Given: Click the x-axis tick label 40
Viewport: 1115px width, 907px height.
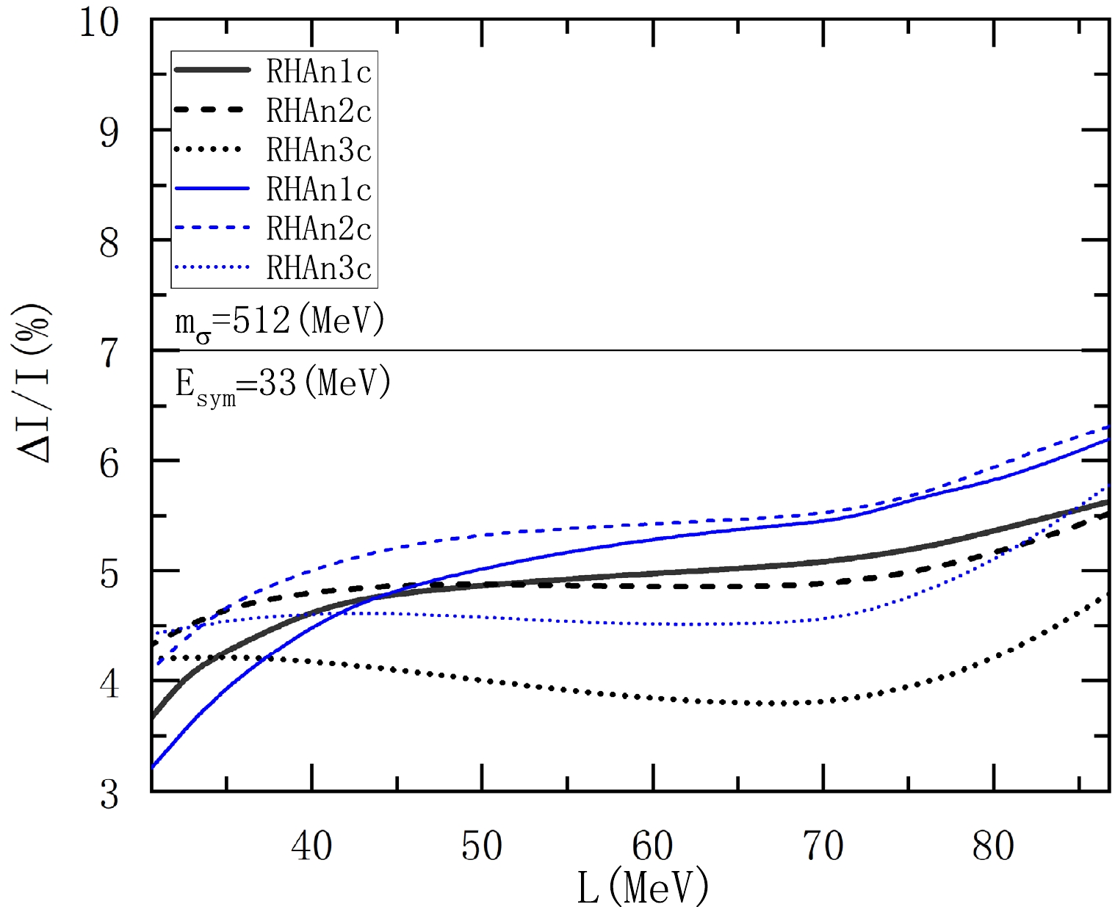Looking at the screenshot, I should (x=311, y=846).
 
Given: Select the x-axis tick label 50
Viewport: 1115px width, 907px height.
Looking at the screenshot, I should (x=482, y=846).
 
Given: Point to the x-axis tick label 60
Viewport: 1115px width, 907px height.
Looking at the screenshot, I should (x=652, y=846).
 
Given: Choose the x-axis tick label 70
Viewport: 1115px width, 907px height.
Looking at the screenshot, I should (x=823, y=846).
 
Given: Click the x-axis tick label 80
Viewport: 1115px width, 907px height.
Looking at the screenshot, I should (x=993, y=846).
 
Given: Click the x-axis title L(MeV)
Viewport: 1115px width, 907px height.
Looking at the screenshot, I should (x=643, y=886).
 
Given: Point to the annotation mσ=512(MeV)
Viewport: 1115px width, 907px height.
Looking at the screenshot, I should (x=279, y=322).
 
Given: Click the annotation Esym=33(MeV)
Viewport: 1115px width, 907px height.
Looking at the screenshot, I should (x=282, y=384).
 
